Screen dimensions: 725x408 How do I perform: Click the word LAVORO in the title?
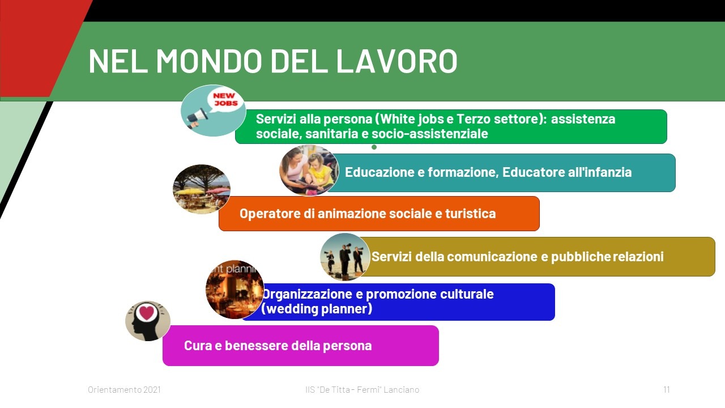(397, 61)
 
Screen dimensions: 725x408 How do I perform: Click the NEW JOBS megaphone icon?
(213, 110)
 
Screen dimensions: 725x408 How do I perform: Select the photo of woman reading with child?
(309, 171)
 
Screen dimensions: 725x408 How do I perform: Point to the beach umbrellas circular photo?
(201, 189)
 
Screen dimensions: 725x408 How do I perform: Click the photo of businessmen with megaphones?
(345, 257)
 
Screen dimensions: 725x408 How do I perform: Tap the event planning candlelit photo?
(234, 290)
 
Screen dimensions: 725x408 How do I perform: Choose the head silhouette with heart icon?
(148, 321)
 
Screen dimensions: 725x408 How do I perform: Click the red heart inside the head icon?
(146, 313)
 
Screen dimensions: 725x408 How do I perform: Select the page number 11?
(667, 389)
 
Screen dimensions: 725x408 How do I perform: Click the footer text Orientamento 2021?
(124, 389)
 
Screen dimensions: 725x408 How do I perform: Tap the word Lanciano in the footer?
(402, 389)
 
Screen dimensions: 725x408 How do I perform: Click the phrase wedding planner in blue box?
(317, 309)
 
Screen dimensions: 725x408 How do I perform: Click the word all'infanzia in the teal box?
(599, 172)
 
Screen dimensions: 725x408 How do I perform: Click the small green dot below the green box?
(374, 147)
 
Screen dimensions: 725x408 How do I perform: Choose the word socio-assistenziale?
(430, 134)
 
